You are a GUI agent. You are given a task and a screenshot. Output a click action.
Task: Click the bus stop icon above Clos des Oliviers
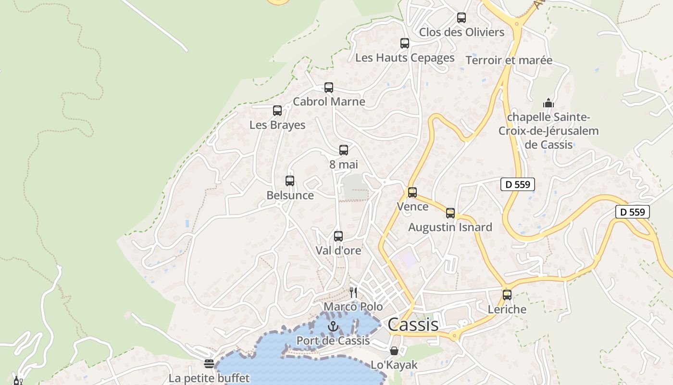point(461,18)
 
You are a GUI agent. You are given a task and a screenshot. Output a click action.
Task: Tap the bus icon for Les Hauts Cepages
point(405,43)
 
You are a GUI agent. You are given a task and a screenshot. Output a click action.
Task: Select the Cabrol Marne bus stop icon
point(329,88)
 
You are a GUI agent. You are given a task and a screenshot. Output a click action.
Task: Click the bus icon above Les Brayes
point(277,111)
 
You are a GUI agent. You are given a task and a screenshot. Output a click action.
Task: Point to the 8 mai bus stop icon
point(344,150)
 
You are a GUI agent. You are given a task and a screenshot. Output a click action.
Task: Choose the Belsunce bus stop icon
point(290,181)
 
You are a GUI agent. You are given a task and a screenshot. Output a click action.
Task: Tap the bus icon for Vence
point(412,192)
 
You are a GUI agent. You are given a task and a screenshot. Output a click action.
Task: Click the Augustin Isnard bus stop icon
point(450,213)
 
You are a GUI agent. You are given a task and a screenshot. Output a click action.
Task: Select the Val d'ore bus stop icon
point(338,236)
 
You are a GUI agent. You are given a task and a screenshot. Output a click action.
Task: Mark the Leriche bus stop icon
point(507,295)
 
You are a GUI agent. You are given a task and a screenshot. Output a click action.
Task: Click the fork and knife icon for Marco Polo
point(353,292)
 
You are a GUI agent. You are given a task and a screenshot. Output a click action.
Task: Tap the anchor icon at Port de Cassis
point(333,327)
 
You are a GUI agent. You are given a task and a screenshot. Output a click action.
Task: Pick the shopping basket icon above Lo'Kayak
point(394,351)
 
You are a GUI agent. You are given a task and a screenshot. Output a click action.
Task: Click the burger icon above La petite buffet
point(209,364)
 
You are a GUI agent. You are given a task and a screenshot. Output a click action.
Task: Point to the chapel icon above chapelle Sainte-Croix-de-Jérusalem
point(548,103)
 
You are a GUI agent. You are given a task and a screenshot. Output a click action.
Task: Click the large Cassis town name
point(413,324)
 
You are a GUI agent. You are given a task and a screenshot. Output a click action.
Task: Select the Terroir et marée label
point(509,60)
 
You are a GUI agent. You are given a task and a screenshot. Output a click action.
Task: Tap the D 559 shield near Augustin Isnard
point(518,184)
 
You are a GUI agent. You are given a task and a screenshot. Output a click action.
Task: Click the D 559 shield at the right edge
point(633,212)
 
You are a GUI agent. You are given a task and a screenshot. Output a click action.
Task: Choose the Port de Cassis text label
point(333,341)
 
